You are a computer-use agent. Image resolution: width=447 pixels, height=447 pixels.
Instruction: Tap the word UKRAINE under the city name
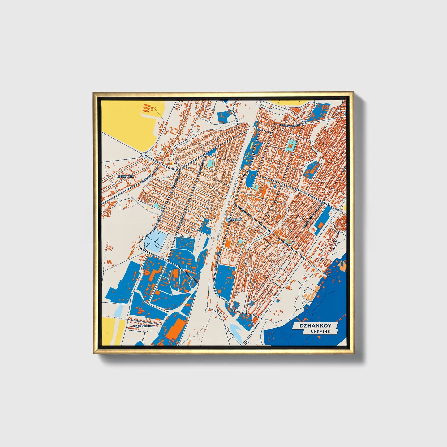(320, 332)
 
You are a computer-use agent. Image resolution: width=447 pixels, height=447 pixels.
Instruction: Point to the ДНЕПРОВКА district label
(126, 177)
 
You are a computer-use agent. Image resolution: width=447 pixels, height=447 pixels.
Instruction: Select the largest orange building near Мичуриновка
(175, 329)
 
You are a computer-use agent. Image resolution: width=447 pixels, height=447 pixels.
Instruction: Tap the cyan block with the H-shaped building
(291, 145)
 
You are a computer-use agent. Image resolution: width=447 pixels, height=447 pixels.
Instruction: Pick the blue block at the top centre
(225, 116)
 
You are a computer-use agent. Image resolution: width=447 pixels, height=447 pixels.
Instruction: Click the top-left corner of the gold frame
(94, 92)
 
